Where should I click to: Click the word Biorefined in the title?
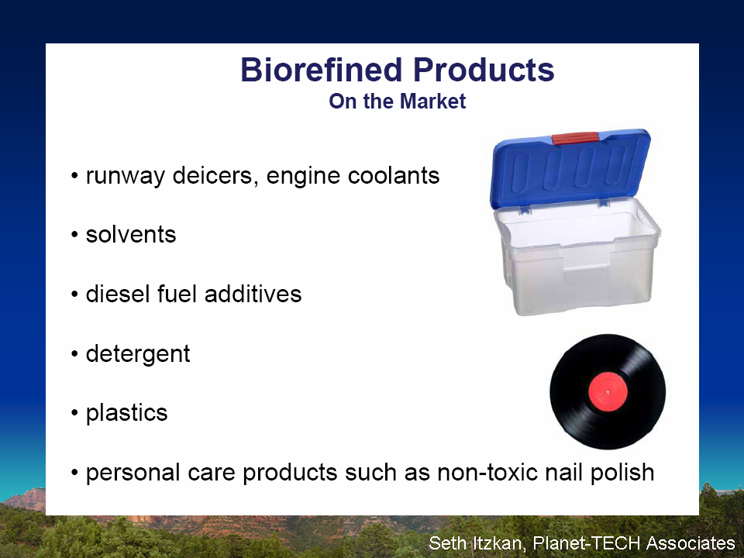click(x=322, y=70)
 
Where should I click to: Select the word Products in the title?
click(x=484, y=70)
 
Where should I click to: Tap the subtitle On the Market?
click(x=397, y=101)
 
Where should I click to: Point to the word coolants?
click(x=394, y=175)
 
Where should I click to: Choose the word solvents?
click(x=131, y=234)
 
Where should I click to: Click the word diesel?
click(x=118, y=294)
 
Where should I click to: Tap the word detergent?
click(x=138, y=354)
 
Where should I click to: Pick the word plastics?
click(x=126, y=413)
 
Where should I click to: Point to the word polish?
click(x=622, y=473)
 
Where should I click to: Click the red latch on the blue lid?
click(x=574, y=138)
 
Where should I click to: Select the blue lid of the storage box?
click(x=570, y=168)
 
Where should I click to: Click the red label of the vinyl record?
click(x=608, y=391)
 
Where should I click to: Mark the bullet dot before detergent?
click(x=74, y=354)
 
